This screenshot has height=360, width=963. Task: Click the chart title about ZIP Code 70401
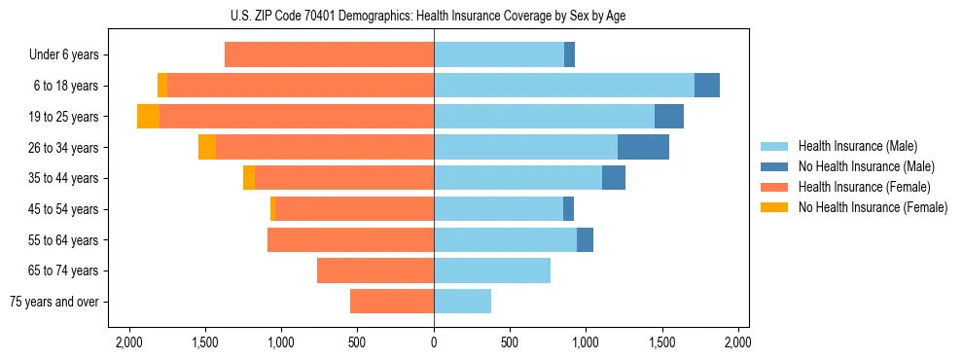pos(433,16)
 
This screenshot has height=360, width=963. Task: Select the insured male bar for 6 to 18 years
pos(563,85)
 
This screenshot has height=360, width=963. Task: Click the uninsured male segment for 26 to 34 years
pos(643,147)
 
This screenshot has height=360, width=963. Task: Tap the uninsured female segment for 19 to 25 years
pos(148,116)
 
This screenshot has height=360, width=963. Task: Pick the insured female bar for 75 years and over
pos(391,302)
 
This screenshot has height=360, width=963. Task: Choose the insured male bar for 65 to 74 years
pos(492,270)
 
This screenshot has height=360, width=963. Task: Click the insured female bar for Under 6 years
pos(329,54)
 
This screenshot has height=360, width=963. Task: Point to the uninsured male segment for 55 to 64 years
pos(585,239)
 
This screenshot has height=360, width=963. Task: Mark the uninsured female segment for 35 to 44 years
pos(249,178)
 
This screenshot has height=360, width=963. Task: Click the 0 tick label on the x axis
pos(434,342)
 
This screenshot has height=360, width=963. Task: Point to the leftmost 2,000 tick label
pos(129,342)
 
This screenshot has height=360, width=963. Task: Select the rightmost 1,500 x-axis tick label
pos(662,342)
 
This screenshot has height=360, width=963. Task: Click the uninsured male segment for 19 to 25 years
pos(669,116)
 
